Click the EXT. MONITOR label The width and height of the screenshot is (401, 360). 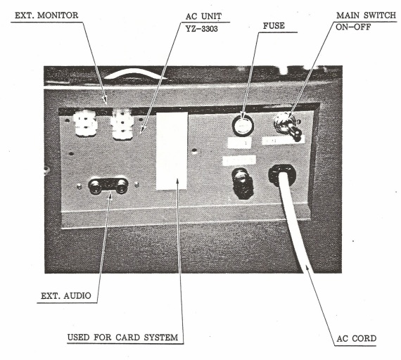[x=46, y=15]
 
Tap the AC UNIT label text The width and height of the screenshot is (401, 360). [x=203, y=16]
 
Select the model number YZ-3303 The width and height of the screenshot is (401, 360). [x=201, y=29]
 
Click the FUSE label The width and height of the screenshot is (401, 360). [x=274, y=26]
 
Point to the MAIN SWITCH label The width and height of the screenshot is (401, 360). [x=366, y=15]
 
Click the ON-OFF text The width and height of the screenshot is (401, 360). [x=353, y=27]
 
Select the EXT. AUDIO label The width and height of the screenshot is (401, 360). [x=66, y=296]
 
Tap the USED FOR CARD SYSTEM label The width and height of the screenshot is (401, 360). [x=122, y=337]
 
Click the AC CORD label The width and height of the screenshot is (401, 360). [x=356, y=338]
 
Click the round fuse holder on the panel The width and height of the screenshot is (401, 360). [x=243, y=126]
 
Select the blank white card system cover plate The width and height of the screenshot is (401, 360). [x=172, y=150]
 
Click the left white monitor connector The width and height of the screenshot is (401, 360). [x=84, y=123]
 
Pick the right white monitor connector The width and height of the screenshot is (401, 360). [x=122, y=124]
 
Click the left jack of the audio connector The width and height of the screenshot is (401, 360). [x=95, y=186]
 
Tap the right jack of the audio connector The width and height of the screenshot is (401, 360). [x=121, y=186]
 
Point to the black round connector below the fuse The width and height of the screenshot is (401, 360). [x=242, y=183]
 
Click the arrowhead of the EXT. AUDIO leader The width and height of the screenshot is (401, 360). [x=110, y=196]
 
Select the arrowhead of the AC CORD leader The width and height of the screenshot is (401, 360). [x=307, y=269]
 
